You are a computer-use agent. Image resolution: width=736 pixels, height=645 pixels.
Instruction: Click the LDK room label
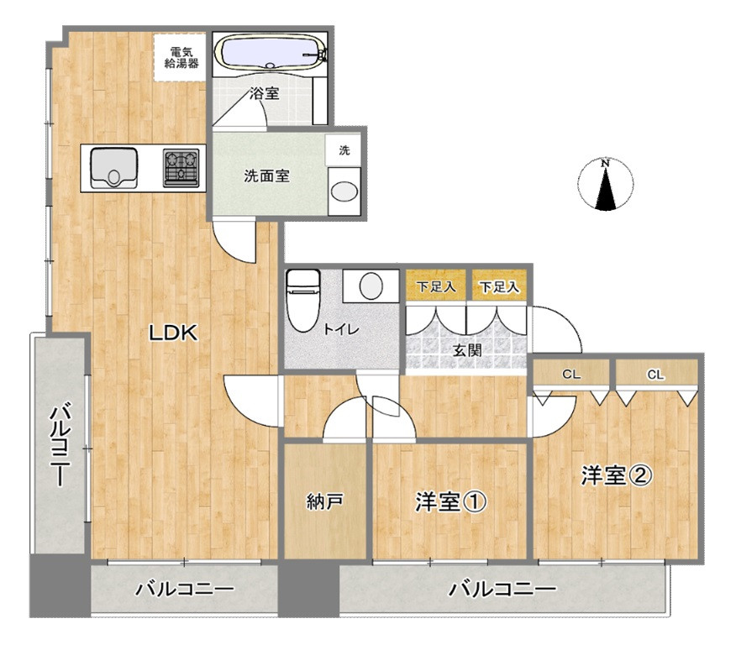[x=173, y=333]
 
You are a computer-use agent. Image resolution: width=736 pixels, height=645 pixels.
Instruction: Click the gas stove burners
[x=182, y=166]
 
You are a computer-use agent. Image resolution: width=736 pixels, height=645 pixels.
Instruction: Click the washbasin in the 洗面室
[x=343, y=191]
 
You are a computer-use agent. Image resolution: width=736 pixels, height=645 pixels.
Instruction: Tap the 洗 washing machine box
[x=344, y=150]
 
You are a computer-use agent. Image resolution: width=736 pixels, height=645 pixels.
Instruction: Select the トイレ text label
[x=341, y=329]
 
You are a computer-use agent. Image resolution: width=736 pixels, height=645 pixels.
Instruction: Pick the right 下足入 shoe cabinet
[x=499, y=286]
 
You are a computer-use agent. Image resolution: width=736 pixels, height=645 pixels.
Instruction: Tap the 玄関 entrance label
[x=468, y=350]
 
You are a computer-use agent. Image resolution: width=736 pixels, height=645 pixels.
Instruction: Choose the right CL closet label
[x=655, y=375]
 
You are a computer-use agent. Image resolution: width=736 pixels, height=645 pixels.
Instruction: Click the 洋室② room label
[x=615, y=475]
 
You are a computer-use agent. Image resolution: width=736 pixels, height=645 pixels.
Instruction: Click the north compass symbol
[x=605, y=184]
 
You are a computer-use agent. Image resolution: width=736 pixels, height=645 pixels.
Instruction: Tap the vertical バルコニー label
[x=59, y=445]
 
